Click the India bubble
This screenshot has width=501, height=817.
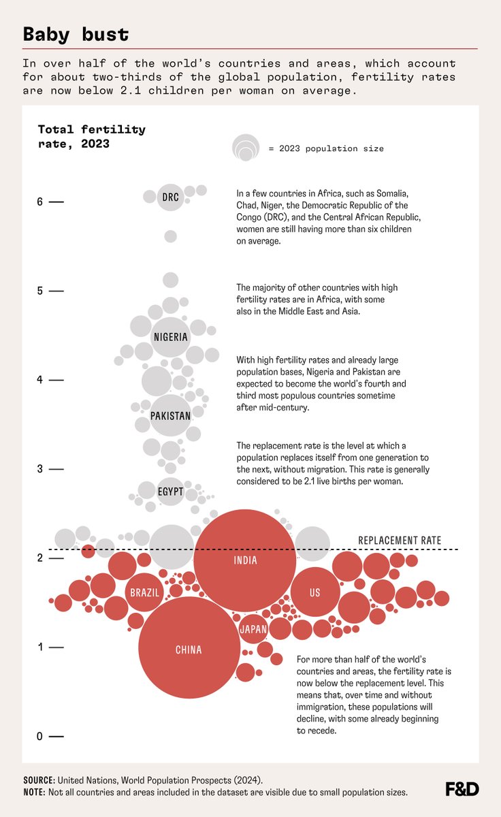pos(245,560)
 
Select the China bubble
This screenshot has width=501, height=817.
pos(189,649)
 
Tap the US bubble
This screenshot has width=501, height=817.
pos(314,592)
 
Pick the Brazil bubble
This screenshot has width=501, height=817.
pos(144,592)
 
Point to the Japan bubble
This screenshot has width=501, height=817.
pos(253,629)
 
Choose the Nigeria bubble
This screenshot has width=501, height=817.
pos(170,337)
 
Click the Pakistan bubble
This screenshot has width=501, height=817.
pos(170,415)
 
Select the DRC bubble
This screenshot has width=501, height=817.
pos(170,197)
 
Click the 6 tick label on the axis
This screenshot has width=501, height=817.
pos(39,202)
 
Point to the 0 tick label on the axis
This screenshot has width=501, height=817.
pos(39,737)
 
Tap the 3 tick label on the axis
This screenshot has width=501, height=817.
pos(39,469)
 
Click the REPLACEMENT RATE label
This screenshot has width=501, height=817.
pos(400,541)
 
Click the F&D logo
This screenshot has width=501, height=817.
pos(462,789)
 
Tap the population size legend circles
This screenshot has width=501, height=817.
pos(246,148)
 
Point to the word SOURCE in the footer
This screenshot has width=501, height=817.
pos(38,780)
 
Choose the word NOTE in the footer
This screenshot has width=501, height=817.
pos(35,792)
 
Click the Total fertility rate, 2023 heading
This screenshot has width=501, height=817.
pos(91,136)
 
